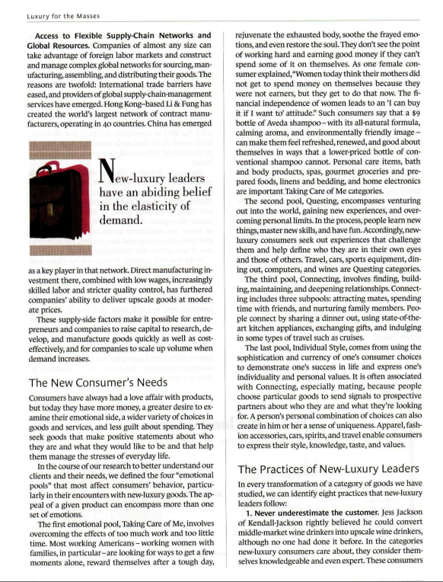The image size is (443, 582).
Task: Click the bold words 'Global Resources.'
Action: (x=59, y=46)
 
